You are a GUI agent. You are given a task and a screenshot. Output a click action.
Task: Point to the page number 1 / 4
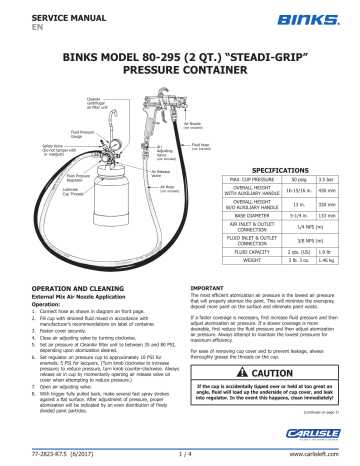pyautogui.click(x=181, y=459)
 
